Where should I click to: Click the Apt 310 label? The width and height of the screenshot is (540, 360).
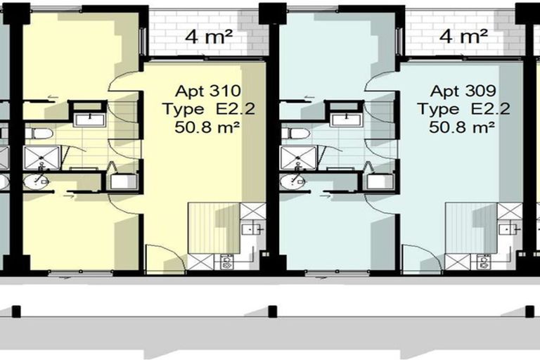point(208,91)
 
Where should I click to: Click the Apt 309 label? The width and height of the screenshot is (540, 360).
point(463,91)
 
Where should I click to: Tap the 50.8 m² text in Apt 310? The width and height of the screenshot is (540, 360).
point(207,127)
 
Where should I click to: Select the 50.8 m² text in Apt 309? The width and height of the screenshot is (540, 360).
point(462,127)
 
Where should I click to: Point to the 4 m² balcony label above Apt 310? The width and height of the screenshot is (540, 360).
point(209,36)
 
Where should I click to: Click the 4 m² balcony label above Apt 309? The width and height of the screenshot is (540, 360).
point(463,36)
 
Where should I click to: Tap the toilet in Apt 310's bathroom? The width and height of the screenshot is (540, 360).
point(39,134)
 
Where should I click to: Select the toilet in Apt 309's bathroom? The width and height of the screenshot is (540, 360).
point(295,134)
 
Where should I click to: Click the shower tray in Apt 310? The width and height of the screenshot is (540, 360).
point(41,157)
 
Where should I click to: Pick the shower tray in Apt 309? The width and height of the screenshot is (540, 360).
point(298,157)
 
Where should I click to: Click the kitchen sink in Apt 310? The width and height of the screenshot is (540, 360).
point(248,229)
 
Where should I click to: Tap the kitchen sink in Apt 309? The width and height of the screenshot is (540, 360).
point(506,229)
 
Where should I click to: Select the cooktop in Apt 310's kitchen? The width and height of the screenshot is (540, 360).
point(226,262)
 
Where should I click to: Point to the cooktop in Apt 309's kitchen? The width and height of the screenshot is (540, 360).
point(484,262)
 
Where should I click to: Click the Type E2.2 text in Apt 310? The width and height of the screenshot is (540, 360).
point(209,109)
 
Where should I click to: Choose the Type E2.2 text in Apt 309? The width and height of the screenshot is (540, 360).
point(463,109)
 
